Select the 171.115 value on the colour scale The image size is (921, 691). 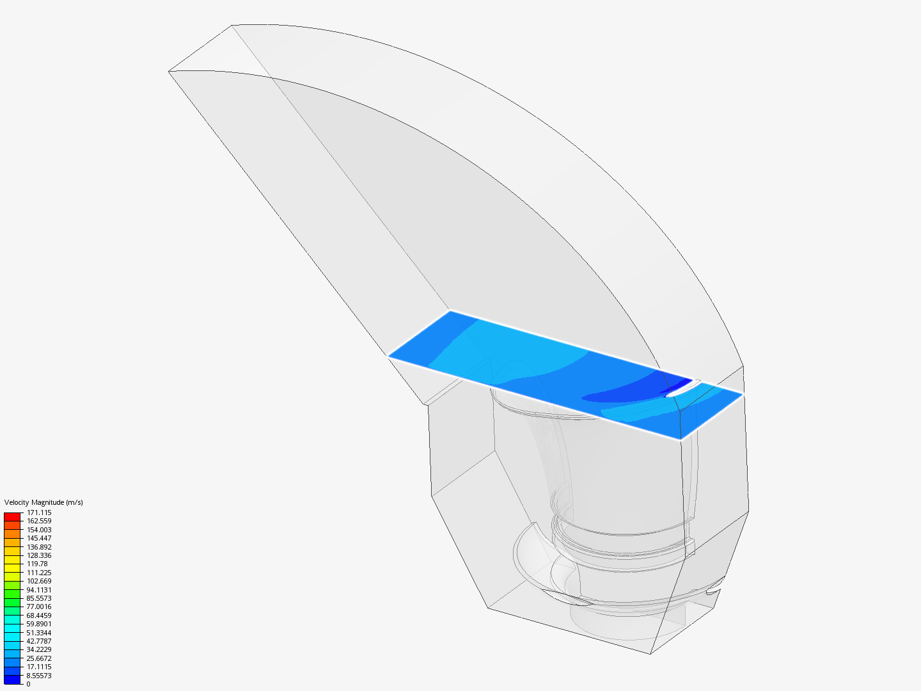[39, 512]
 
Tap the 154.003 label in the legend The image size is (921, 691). [39, 530]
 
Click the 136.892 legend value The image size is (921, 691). [39, 546]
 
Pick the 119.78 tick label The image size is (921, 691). [37, 564]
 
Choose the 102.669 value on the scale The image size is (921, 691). [39, 581]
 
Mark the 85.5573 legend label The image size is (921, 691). [39, 598]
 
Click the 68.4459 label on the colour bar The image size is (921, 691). [39, 616]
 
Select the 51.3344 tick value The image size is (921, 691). [39, 633]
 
